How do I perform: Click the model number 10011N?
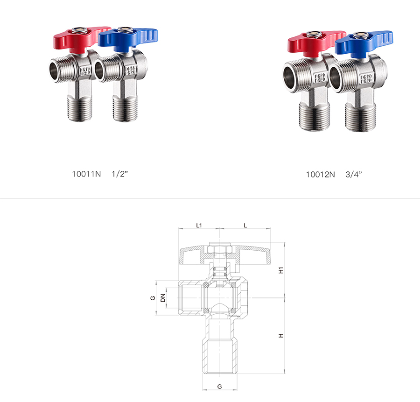coord(86,174)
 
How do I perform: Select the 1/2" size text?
coord(120,174)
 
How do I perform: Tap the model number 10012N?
coord(320,175)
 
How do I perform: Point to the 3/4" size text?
coord(354,175)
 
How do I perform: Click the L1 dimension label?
coord(199,226)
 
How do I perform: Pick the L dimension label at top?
coord(245,226)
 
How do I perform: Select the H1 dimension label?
coord(281,270)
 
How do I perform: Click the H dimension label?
coord(281,336)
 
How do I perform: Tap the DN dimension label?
coord(163,298)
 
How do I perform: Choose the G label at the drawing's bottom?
coord(219,387)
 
